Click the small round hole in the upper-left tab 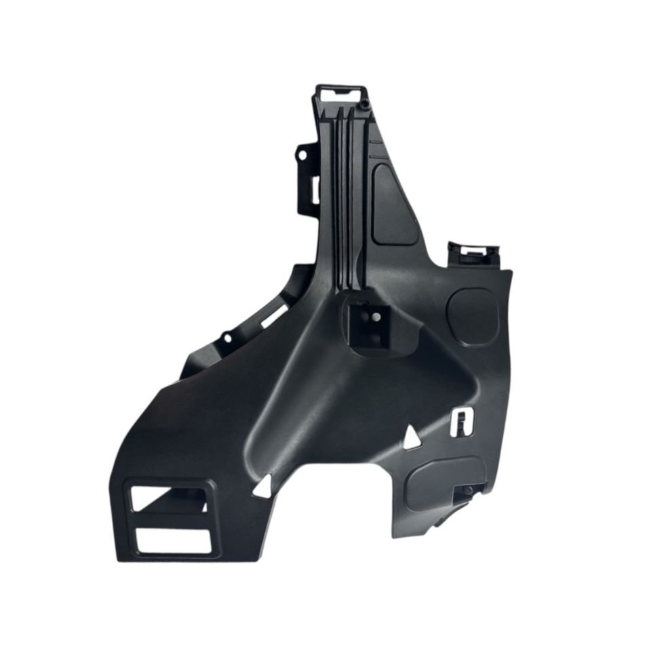[300, 155]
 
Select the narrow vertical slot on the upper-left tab [314, 189]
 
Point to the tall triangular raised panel [394, 203]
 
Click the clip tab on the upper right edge [472, 253]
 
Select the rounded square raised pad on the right [473, 316]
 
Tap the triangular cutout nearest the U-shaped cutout [411, 439]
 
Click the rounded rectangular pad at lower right [444, 481]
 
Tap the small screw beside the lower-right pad [468, 490]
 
